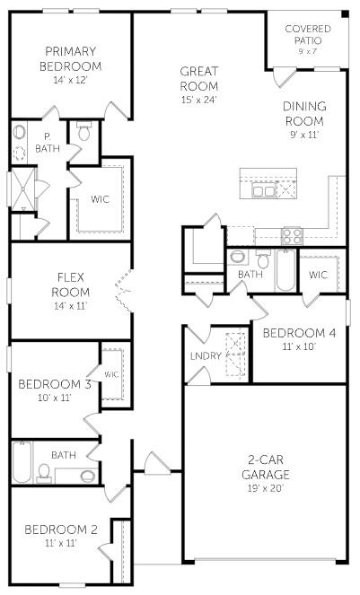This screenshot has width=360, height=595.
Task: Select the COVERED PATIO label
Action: [307, 34]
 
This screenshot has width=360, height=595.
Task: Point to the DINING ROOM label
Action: [304, 113]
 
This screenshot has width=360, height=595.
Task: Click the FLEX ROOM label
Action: [70, 284]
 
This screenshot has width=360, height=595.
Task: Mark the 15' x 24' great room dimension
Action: [200, 101]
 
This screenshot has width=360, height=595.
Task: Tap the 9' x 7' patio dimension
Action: [307, 52]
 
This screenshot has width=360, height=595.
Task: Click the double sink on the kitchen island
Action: [264, 190]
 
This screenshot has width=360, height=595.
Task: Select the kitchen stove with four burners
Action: [293, 236]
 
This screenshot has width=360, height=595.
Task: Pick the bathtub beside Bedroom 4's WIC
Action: [285, 271]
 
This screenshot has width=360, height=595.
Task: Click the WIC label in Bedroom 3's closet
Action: [111, 374]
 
